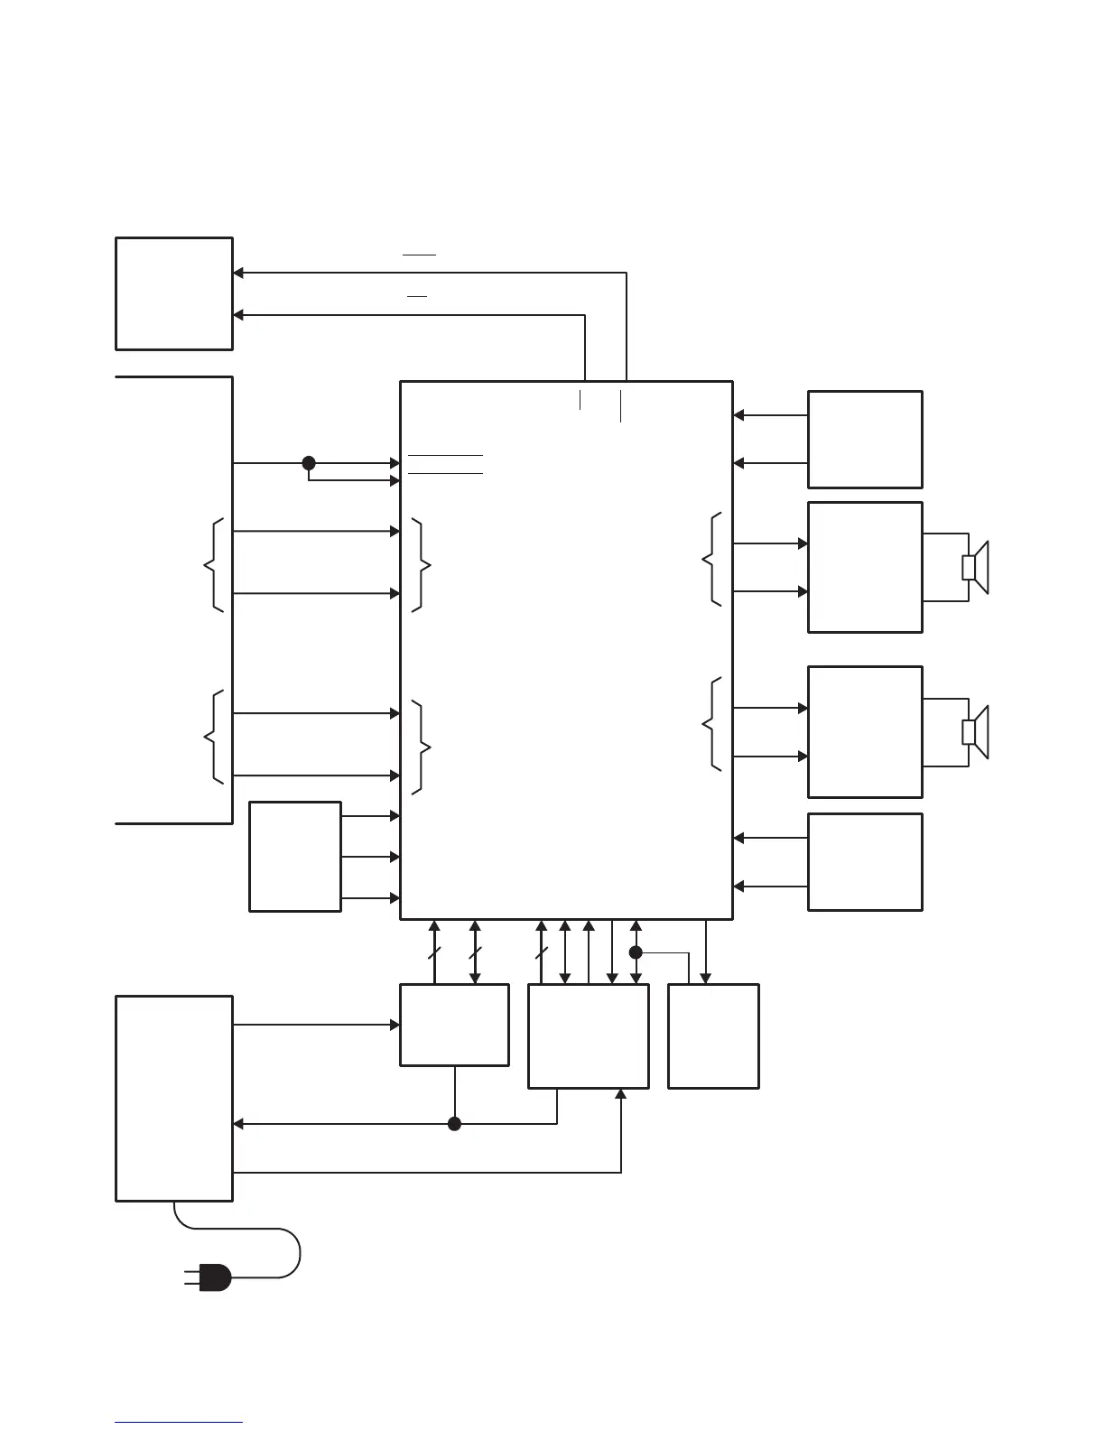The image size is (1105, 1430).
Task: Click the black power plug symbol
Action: [213, 1277]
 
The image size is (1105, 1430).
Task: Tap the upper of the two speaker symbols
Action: [976, 568]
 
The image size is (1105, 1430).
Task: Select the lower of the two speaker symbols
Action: [976, 732]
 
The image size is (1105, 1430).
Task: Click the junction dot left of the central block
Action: [309, 463]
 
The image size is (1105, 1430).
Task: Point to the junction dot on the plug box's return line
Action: [455, 1124]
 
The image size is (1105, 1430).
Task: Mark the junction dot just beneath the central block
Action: [636, 952]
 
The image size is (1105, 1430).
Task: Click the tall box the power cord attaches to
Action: [174, 1099]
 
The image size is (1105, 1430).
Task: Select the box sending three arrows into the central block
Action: [295, 857]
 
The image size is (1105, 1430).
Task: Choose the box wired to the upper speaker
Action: [865, 567]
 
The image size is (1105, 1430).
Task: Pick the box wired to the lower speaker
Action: [865, 732]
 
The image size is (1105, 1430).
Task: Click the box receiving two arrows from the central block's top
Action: [174, 293]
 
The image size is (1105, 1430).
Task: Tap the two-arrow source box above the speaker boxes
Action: [865, 440]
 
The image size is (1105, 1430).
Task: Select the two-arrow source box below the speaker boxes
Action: [865, 862]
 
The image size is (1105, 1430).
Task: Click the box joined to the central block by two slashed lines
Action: [454, 1025]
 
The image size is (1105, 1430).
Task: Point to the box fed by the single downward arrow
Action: [713, 1036]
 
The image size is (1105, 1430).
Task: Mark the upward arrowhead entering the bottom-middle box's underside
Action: [621, 1094]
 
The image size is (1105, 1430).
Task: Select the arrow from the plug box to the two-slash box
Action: [316, 1025]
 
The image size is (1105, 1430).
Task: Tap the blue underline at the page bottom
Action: [179, 1423]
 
